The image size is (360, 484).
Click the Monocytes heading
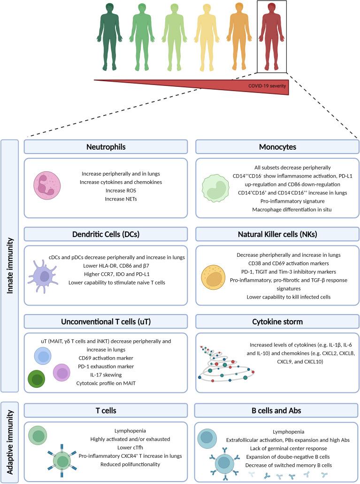[273, 147]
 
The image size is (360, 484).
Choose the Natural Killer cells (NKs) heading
[273, 234]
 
